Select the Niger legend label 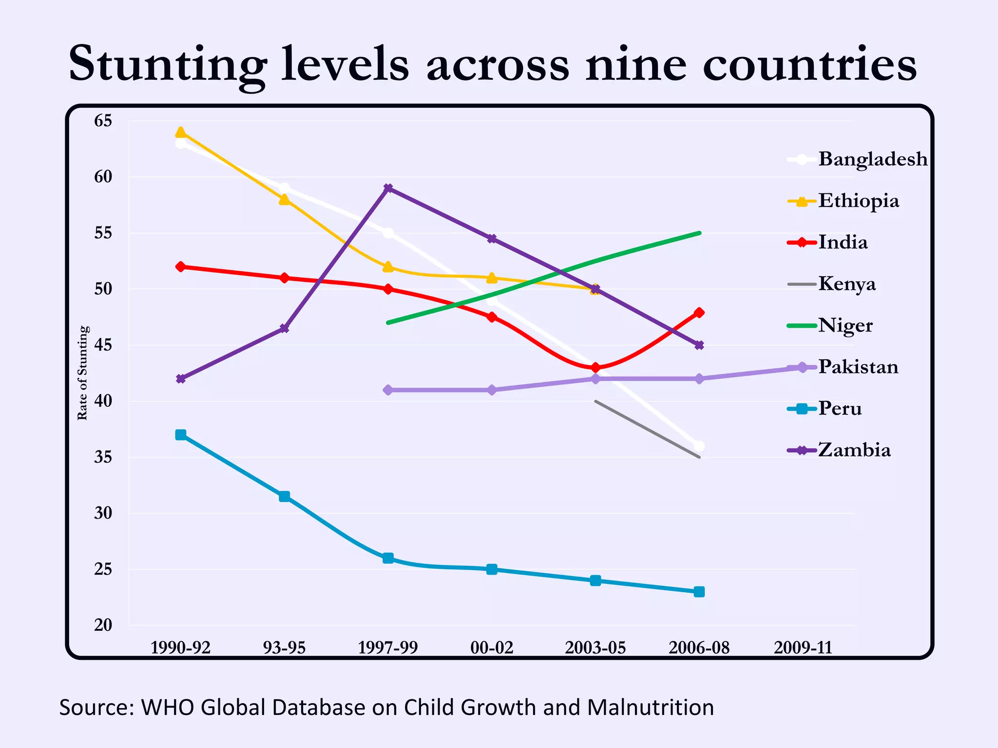point(845,325)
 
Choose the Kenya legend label point(846,284)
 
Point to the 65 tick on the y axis point(103,121)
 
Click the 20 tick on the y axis point(103,625)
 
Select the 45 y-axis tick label point(103,345)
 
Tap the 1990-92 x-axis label point(180,648)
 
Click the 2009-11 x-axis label point(803,648)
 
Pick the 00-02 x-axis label point(492,648)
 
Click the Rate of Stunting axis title point(82,373)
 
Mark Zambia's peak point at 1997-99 point(388,188)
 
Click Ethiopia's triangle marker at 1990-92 point(180,132)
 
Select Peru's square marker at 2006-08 point(699,592)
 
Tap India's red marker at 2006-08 point(699,313)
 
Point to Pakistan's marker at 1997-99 point(388,390)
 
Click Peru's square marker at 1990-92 point(180,435)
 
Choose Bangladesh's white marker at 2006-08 point(699,446)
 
